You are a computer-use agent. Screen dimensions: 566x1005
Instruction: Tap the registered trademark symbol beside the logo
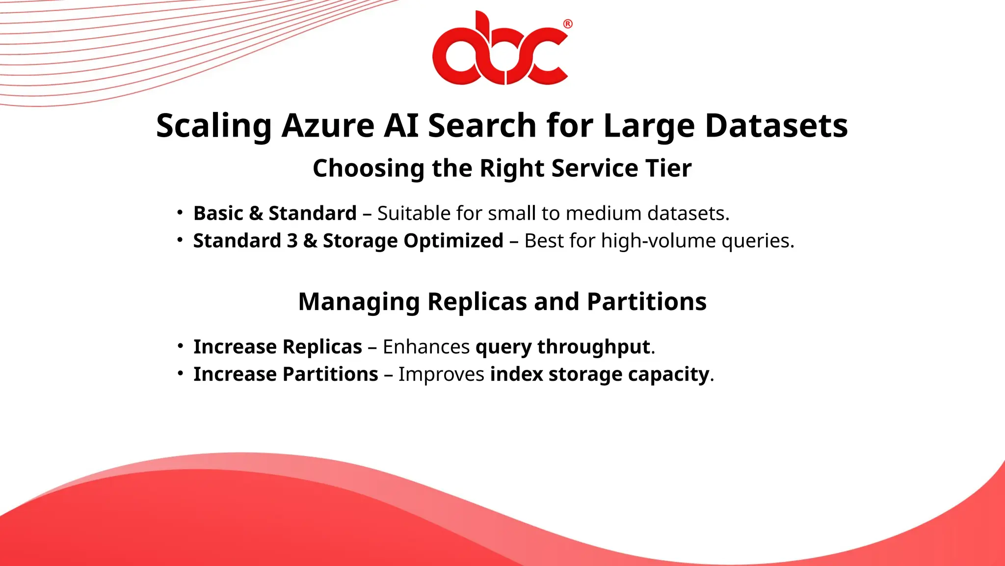568,24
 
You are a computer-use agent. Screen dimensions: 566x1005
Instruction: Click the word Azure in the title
328,126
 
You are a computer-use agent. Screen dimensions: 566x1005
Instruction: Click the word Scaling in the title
213,126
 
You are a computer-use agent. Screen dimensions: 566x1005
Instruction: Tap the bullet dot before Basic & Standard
180,213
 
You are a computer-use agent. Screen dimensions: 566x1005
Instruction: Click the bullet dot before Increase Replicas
180,346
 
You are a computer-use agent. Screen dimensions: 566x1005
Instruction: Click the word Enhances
426,347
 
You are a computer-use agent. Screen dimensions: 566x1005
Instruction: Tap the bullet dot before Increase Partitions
180,374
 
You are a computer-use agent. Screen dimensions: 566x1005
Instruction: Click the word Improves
441,374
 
